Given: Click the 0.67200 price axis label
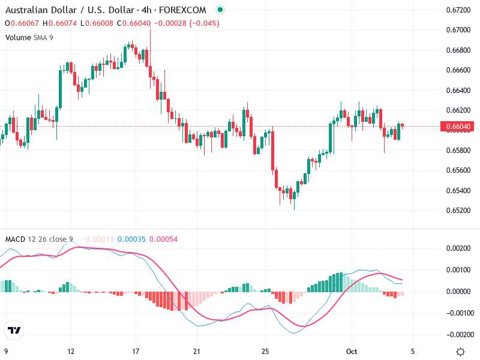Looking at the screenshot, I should point(458,10).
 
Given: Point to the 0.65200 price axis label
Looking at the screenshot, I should point(458,211).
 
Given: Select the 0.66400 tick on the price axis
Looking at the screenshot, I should point(458,91).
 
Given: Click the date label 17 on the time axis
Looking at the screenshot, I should point(136,352).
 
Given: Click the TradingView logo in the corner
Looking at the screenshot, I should point(14,331).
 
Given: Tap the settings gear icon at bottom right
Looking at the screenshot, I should point(460,352).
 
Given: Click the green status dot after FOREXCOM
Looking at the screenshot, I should point(220,10).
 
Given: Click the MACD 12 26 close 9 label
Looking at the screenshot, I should point(39,239).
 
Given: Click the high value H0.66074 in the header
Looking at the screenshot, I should point(60,23).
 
